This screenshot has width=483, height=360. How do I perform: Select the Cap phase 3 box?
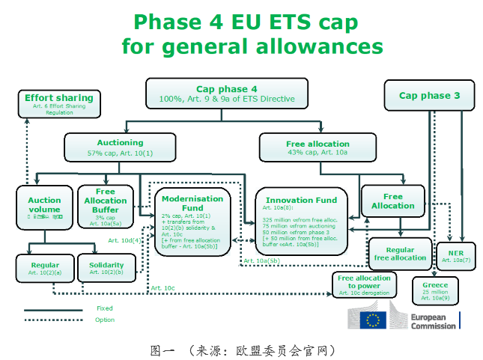point(429,96)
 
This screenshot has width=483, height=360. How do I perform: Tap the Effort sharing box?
point(58,103)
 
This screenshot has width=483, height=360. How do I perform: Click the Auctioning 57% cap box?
point(120,147)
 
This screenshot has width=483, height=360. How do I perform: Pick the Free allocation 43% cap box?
point(318,147)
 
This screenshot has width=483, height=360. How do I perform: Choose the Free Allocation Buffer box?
point(105,206)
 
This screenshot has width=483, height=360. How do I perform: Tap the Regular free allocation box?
point(400,254)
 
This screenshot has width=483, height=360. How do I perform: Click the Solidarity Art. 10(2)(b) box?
point(106,268)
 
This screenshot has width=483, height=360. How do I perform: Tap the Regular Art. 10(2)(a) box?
point(44,268)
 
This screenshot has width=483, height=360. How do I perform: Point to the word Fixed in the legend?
point(105,308)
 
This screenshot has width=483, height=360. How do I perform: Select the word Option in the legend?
point(106,320)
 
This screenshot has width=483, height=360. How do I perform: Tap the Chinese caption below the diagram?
point(241,350)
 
